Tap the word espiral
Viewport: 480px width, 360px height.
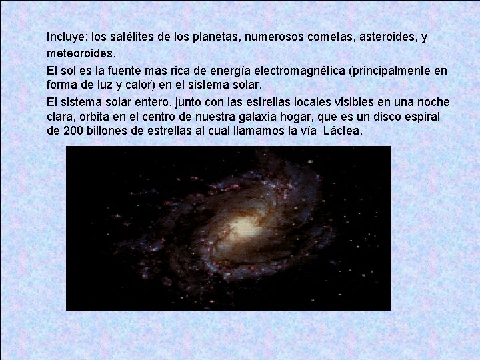tap(427, 117)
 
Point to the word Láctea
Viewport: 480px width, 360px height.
tap(343, 131)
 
